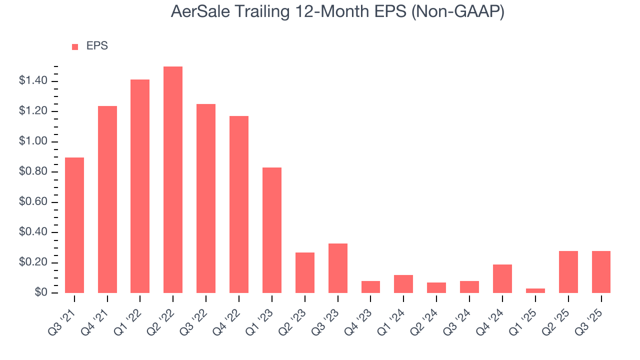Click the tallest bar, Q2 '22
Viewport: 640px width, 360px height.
coord(173,180)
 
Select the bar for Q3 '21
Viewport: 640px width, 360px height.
coord(74,225)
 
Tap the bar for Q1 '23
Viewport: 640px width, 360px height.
coord(271,230)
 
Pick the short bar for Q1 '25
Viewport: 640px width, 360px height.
coord(535,290)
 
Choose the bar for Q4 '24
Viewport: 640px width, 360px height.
coord(502,278)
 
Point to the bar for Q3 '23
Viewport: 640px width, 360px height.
coord(337,268)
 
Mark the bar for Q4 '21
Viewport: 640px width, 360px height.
coord(107,199)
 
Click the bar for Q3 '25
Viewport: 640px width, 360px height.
coord(601,272)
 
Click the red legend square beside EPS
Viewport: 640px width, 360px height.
coord(75,46)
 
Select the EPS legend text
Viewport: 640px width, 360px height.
coord(97,46)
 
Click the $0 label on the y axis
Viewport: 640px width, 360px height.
coord(41,293)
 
